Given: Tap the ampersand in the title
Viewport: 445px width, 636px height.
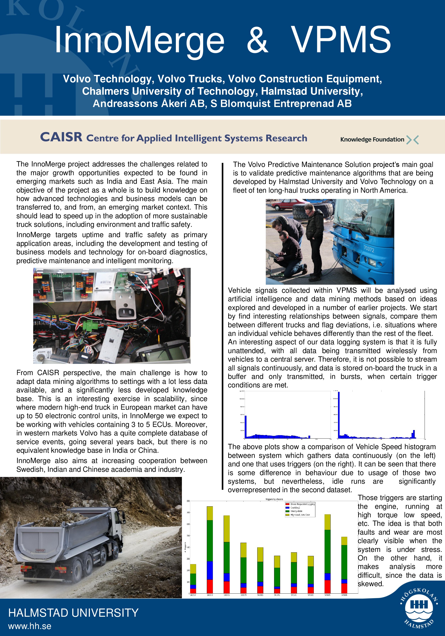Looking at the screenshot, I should pyautogui.click(x=257, y=40).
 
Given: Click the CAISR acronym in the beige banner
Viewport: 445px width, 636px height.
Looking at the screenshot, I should pyautogui.click(x=61, y=137).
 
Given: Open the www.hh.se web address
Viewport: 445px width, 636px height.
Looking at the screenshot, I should pyautogui.click(x=30, y=626).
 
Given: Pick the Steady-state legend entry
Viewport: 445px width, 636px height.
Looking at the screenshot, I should pyautogui.click(x=296, y=511).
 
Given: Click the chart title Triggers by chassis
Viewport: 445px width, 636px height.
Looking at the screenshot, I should pyautogui.click(x=274, y=499).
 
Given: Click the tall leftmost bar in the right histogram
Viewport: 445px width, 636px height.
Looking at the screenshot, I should pyautogui.click(x=339, y=415).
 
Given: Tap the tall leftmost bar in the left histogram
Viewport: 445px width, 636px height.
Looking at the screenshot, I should pyautogui.click(x=245, y=427).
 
